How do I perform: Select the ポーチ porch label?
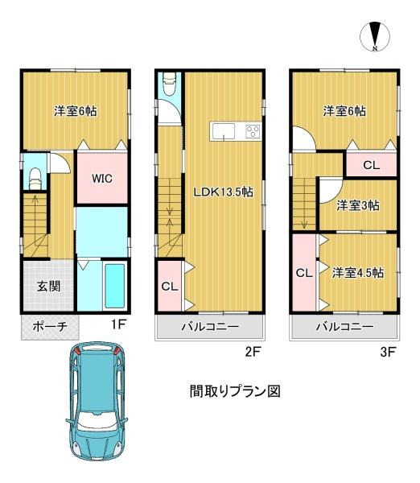49,328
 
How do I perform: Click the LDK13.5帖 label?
223,192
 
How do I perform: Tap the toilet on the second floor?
170,87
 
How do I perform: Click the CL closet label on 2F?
170,286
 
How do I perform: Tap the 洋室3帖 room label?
358,204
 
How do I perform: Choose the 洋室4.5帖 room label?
357,272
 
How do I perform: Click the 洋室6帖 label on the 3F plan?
344,111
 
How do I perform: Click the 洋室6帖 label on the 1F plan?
76,111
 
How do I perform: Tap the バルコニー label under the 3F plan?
344,328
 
